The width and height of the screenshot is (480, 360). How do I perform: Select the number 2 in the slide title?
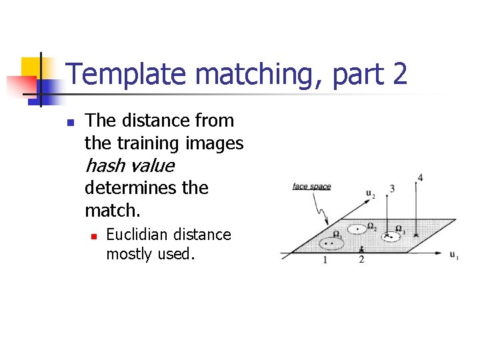[x=399, y=74]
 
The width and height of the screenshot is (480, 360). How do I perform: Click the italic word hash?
[x=106, y=165]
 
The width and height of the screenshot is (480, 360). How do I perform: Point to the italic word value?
[x=153, y=165]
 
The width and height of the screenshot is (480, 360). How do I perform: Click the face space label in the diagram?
[x=311, y=187]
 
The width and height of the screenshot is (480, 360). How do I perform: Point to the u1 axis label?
[x=453, y=255]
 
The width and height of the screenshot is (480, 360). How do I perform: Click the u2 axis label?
[x=370, y=194]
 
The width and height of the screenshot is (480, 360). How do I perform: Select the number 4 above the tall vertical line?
[x=419, y=177]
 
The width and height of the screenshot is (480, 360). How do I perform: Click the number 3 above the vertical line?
[x=392, y=189]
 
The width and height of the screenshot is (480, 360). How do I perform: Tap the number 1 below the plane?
[x=325, y=260]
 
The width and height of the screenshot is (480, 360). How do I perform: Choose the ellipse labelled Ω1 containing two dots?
[x=329, y=243]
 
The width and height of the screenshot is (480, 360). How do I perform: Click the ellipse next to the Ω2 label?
[x=357, y=229]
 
